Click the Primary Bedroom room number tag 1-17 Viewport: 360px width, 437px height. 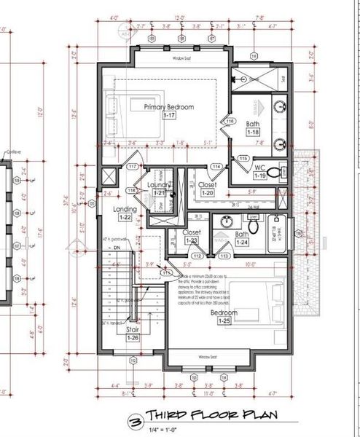click(x=169, y=116)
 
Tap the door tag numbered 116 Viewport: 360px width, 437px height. click(x=230, y=121)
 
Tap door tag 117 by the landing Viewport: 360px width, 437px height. click(x=133, y=167)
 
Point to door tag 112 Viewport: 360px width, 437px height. click(x=197, y=256)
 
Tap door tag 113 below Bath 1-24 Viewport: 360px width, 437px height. click(x=224, y=256)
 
